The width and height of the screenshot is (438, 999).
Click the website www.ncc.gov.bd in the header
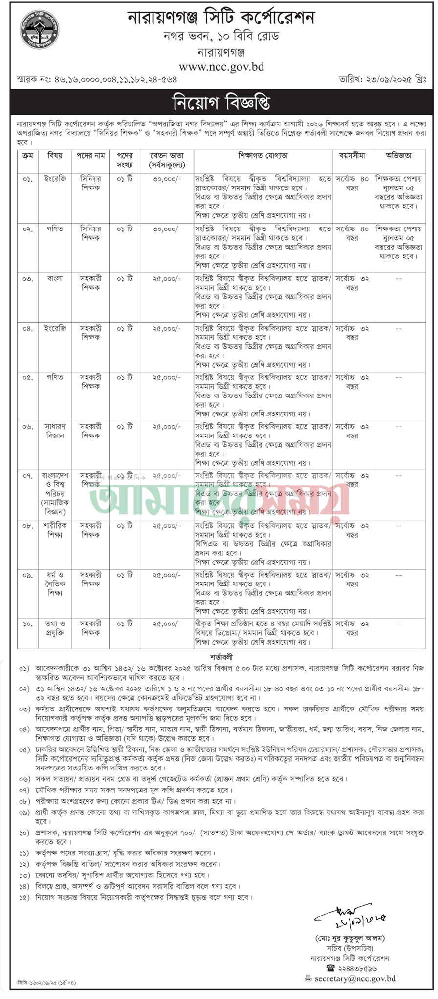point(221,67)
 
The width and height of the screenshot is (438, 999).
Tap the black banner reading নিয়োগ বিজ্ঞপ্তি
point(221,103)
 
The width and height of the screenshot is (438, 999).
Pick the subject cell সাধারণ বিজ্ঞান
point(55,431)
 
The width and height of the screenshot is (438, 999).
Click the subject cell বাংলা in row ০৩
point(55,279)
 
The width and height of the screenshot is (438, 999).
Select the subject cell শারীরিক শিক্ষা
point(55,530)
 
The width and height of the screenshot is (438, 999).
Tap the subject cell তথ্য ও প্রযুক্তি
point(55,628)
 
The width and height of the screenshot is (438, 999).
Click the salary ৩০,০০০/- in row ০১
point(167,179)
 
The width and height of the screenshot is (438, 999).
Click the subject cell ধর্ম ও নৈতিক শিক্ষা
point(55,584)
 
